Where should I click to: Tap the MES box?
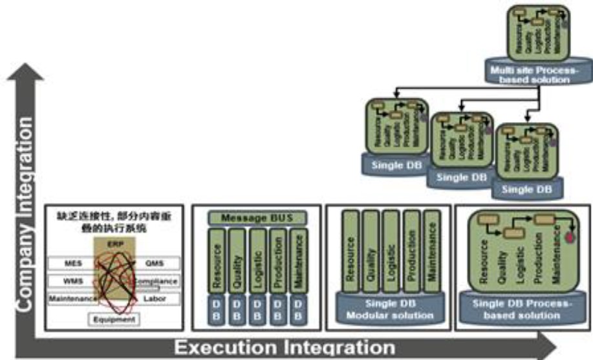[72, 264]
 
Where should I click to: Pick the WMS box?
[72, 281]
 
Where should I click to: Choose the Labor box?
[155, 299]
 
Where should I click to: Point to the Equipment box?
[114, 319]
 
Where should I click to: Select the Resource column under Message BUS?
[217, 262]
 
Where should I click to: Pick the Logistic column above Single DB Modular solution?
[389, 252]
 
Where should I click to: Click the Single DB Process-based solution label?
[523, 310]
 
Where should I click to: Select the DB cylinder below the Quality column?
[237, 308]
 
